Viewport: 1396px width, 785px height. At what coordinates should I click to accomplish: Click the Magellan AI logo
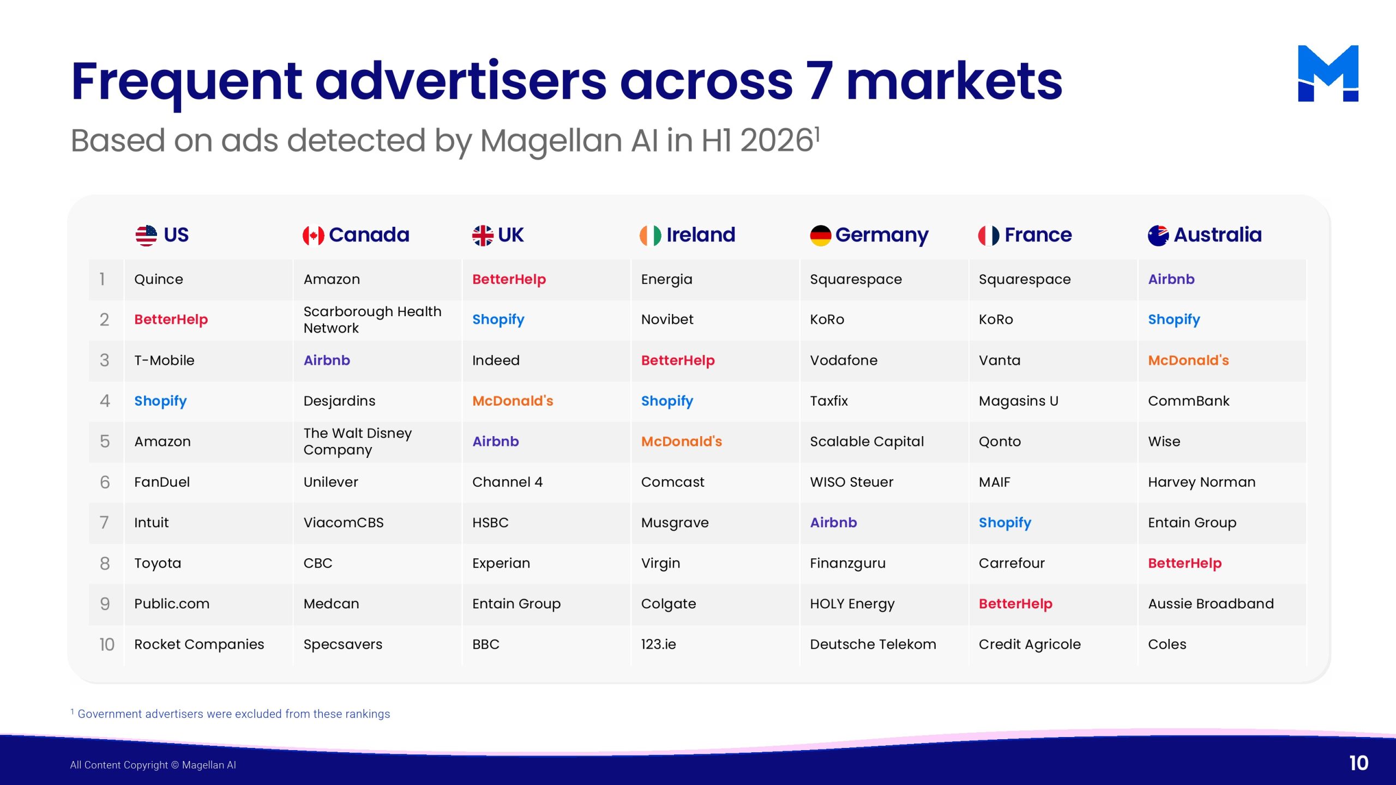pos(1328,73)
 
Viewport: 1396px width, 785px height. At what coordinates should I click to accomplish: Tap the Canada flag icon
pos(314,235)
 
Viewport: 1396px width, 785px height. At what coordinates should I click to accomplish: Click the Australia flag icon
pos(1158,235)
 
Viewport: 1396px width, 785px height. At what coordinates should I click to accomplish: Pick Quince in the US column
pos(159,279)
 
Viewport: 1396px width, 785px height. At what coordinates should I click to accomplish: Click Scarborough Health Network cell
pos(372,319)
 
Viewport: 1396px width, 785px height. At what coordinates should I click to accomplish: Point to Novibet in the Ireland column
pos(667,319)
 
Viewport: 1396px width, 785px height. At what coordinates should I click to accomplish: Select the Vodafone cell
pos(844,360)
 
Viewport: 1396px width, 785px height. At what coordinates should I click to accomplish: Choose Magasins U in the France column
pos(1018,401)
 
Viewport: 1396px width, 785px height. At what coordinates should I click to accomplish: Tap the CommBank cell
pos(1189,401)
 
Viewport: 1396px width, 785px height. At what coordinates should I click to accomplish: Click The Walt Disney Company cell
pos(358,441)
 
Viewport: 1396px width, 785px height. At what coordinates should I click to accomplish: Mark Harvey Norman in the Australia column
pos(1202,482)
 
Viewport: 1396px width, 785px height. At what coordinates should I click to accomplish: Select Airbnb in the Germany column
pos(833,522)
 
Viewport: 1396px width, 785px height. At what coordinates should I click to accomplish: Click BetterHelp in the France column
pos(1015,603)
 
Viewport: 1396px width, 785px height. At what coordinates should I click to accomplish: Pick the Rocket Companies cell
pos(199,644)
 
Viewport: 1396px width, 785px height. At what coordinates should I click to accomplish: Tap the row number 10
pos(107,644)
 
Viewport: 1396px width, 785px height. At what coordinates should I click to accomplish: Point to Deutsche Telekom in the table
pos(873,644)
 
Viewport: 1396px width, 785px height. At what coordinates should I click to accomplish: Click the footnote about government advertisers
pos(231,714)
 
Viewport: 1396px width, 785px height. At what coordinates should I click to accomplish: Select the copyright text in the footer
pos(153,765)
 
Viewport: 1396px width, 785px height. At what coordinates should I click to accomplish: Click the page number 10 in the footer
pos(1359,763)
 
